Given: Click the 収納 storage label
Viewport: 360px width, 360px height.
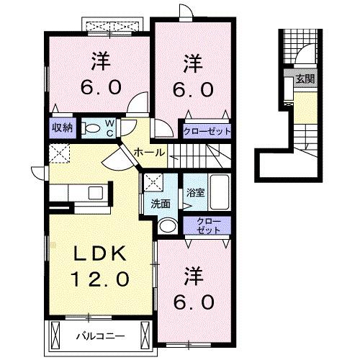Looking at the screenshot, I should (x=61, y=129).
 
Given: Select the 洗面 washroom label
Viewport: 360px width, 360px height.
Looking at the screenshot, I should (x=160, y=204).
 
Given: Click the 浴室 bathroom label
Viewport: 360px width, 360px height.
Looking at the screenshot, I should (x=194, y=192).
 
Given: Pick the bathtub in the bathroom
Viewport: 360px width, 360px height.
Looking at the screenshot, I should (x=219, y=193).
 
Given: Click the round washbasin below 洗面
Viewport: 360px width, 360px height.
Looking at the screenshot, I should (x=166, y=225).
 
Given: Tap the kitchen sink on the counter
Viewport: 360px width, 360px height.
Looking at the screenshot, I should (x=94, y=193).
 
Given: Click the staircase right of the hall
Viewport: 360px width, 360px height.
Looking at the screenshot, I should (x=209, y=153).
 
